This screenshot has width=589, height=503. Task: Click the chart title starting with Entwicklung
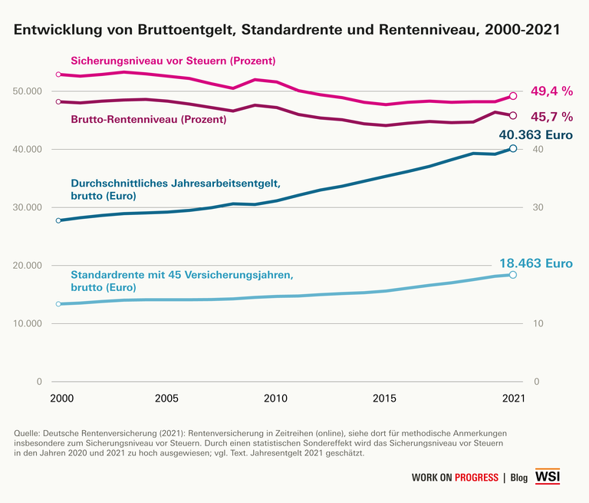tap(285, 31)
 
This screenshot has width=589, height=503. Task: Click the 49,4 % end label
tap(551, 91)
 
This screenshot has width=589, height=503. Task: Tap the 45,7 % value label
tap(551, 117)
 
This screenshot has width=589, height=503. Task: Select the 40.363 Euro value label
tap(536, 136)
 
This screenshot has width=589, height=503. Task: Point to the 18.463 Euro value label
tap(536, 263)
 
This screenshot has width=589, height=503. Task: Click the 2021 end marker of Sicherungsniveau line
tap(513, 96)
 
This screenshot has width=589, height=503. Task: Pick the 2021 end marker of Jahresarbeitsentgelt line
tap(513, 148)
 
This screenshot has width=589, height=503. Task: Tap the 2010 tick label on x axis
tap(275, 399)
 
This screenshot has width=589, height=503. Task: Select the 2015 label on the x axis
tap(383, 399)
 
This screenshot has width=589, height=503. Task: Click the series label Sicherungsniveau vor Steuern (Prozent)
tap(173, 61)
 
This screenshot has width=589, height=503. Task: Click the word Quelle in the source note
tap(28, 434)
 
